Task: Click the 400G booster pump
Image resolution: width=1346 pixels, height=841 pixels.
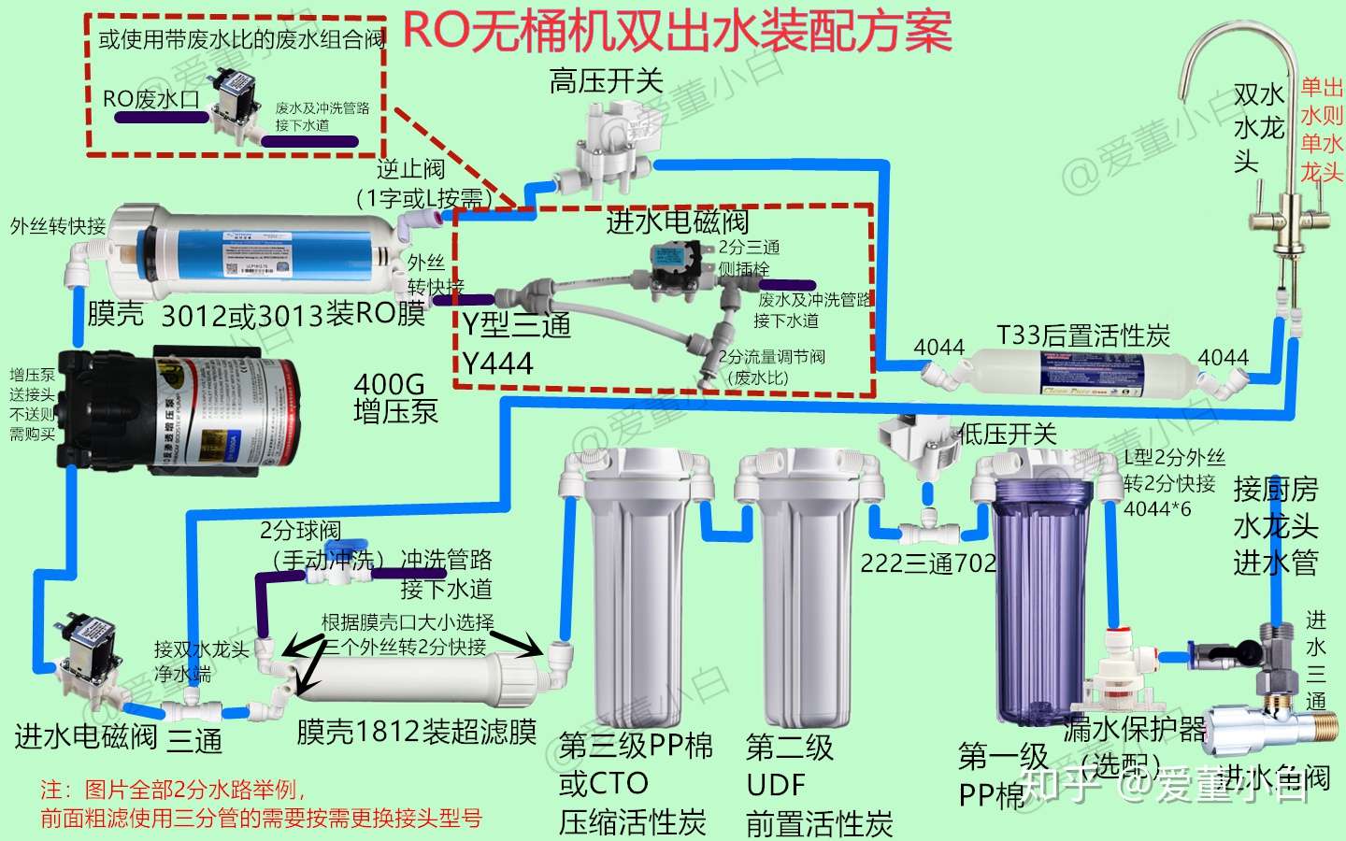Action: [x=178, y=409]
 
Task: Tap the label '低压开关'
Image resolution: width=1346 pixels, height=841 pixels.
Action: [x=1008, y=434]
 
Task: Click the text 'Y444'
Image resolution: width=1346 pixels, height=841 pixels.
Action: [x=497, y=363]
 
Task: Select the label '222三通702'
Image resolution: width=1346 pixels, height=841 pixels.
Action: [x=928, y=563]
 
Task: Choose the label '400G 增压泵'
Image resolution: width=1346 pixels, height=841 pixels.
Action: [x=394, y=398]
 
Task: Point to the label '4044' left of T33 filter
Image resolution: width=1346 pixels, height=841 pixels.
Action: [x=938, y=348]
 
